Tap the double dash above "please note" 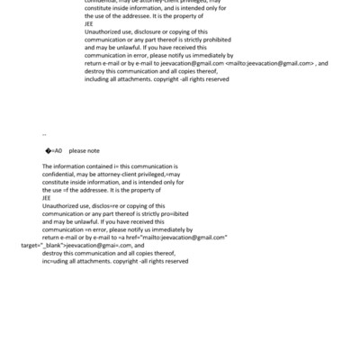click(x=44, y=135)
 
